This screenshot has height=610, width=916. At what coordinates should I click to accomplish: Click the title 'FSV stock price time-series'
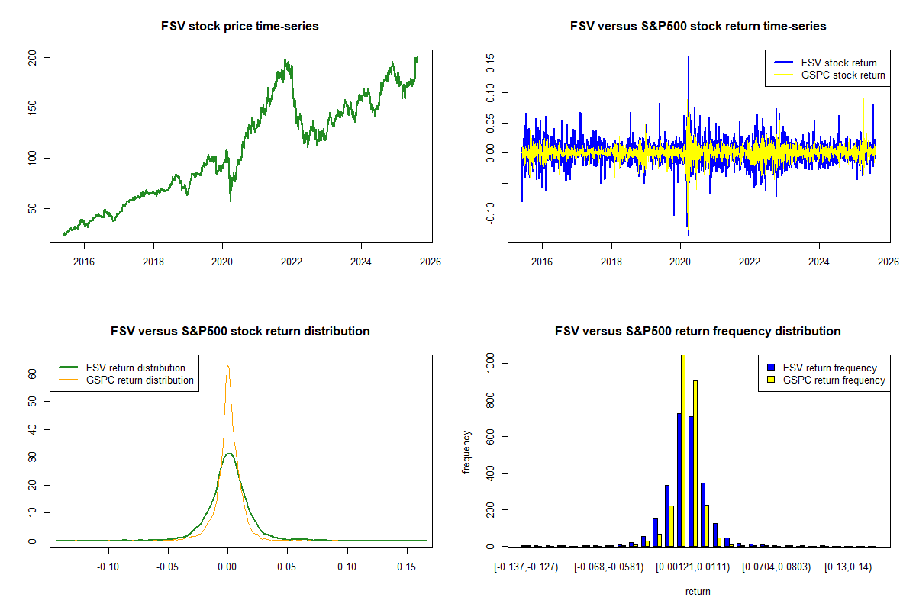tap(240, 27)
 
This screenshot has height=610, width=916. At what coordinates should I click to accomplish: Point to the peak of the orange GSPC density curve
tap(227, 366)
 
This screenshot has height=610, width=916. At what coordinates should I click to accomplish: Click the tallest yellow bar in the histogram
tap(683, 450)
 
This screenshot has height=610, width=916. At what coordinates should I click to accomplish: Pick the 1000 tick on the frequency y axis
tap(490, 364)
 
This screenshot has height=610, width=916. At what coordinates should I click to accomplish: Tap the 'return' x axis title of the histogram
tap(698, 591)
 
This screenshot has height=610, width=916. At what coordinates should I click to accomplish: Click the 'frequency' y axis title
tap(466, 451)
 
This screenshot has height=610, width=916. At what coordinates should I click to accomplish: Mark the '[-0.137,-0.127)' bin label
tap(526, 567)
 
